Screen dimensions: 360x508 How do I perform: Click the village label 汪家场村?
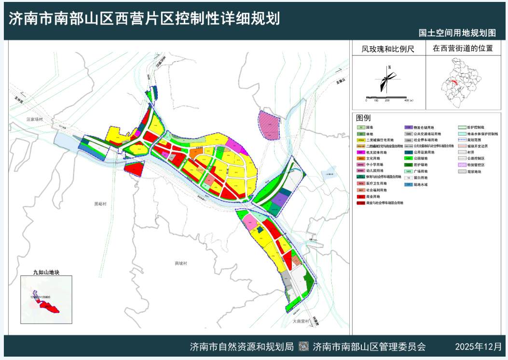coord(35,119)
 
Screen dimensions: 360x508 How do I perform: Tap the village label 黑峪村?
coord(100,204)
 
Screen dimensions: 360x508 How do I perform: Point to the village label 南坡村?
coord(180,263)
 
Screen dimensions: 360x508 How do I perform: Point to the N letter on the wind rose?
coord(389,68)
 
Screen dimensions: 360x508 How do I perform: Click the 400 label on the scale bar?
coord(406,100)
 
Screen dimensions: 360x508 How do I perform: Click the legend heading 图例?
coord(363,118)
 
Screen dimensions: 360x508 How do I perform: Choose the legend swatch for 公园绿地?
coord(408,158)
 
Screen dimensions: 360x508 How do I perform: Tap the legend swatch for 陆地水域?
coord(408,185)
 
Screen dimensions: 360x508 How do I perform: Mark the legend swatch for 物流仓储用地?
coord(408,127)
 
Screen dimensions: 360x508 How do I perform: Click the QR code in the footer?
coord(303,346)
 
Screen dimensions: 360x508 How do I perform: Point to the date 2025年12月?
coord(478,346)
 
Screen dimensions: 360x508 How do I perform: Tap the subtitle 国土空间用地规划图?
coord(457,33)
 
